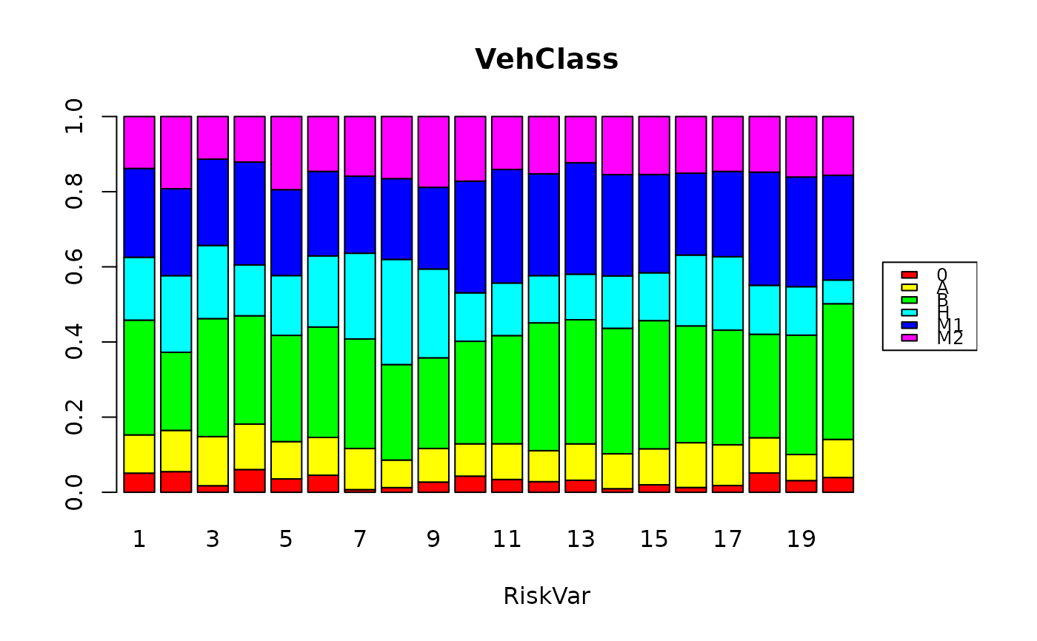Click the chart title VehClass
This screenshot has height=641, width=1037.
547,59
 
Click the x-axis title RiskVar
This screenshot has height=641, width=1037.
547,596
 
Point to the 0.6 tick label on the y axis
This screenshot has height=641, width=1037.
74,267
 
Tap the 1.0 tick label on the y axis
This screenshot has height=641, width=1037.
74,117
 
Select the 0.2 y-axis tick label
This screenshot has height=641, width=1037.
74,417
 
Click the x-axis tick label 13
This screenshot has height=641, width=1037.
581,540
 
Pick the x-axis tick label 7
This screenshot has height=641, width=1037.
360,540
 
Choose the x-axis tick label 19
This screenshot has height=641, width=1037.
801,540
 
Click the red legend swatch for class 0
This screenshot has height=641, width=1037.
909,275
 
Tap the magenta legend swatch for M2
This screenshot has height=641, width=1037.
909,338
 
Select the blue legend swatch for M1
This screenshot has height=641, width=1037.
909,325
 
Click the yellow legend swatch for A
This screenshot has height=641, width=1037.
909,287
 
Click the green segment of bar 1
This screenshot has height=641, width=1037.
139,377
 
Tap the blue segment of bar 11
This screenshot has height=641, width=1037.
507,226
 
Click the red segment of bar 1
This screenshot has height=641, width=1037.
139,483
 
